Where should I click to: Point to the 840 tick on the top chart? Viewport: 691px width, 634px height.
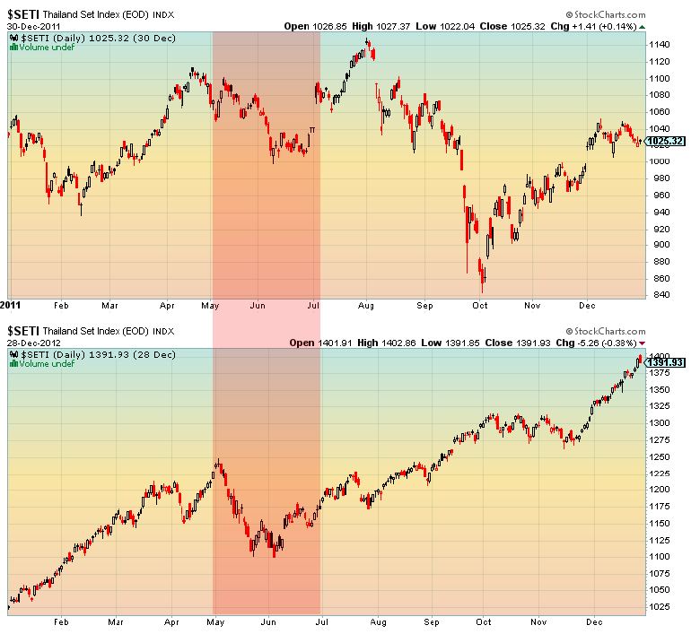[660, 295]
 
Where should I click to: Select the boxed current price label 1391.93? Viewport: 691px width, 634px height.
[666, 362]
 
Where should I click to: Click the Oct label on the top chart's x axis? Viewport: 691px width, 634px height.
[480, 305]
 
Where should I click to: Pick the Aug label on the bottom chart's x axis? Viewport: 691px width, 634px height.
[377, 621]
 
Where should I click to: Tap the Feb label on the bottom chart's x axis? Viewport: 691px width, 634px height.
[61, 621]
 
